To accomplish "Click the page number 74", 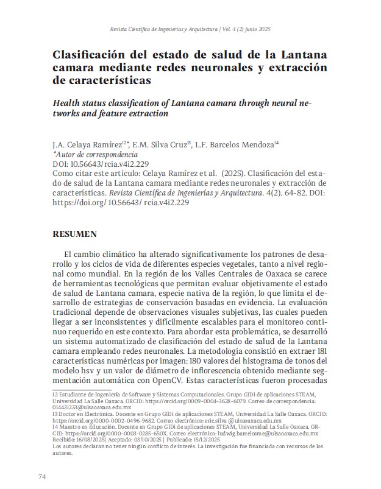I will pyautogui.click(x=42, y=476).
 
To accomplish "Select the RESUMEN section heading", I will pyautogui.click(x=74, y=234).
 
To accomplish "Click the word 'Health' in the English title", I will pyautogui.click(x=69, y=102).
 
